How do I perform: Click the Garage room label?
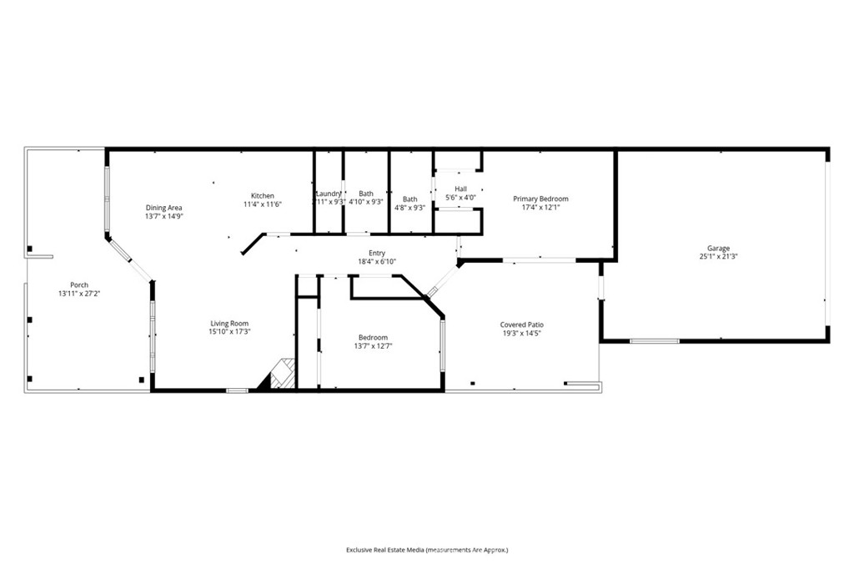[x=718, y=248]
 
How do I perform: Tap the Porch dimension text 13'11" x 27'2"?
[x=79, y=294]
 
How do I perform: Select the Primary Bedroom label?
[x=540, y=199]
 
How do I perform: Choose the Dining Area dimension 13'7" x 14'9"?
[x=163, y=216]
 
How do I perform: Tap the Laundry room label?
[x=328, y=194]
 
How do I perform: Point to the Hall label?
[x=460, y=189]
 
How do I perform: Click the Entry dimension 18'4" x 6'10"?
[x=377, y=262]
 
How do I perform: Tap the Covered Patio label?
[x=521, y=325]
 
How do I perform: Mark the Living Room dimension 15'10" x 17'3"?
[x=229, y=331]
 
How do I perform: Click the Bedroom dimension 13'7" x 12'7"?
[x=373, y=345]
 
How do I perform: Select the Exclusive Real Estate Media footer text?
[x=427, y=550]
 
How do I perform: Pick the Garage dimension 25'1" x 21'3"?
[x=718, y=256]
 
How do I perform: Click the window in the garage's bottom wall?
[x=654, y=340]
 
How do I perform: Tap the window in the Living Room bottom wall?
[x=238, y=390]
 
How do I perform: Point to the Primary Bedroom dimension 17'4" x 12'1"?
[x=540, y=207]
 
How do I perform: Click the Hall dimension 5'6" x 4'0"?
[x=460, y=198]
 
